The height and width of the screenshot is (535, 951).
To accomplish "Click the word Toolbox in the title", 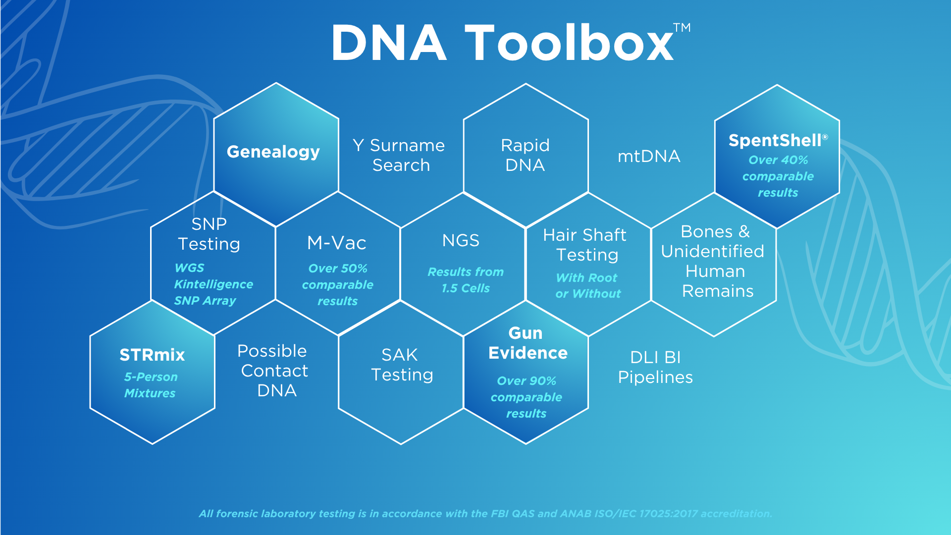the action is (569, 43).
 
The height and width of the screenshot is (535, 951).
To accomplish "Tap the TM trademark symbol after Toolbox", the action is (682, 28).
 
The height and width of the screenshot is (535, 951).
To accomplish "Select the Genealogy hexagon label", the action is (273, 152).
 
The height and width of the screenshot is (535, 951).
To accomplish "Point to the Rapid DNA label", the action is (525, 155).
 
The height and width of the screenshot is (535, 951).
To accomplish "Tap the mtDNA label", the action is (649, 157).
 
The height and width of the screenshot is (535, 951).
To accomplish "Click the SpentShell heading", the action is (778, 141).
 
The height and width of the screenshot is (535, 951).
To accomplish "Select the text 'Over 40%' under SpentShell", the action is (778, 160).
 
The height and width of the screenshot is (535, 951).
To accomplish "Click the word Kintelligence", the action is (213, 284).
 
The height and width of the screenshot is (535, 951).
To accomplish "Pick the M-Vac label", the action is (337, 243).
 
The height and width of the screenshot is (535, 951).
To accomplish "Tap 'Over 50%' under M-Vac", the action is (338, 268).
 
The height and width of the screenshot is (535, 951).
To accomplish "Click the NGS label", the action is (461, 241).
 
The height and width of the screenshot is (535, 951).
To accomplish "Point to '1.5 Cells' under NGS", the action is (466, 288).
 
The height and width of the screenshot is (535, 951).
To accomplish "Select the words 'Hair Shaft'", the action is (584, 235).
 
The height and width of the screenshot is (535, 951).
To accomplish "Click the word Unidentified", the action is (713, 252).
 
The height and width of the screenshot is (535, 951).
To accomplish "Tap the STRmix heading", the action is (152, 355).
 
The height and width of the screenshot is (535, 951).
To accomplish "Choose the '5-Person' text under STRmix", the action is (151, 377).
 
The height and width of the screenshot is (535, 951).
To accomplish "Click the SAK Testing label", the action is (402, 365).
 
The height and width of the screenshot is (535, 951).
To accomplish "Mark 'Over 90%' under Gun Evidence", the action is (527, 381).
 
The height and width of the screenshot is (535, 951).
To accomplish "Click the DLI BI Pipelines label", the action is (655, 368).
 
